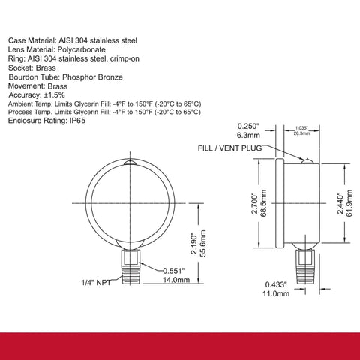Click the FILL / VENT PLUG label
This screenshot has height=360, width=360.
[229, 148]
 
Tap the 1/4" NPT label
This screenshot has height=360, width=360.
[96, 283]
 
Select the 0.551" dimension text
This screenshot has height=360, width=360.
[174, 271]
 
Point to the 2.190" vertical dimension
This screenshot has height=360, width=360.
[194, 244]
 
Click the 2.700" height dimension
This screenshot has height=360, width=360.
[254, 203]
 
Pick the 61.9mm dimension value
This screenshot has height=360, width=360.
[349, 203]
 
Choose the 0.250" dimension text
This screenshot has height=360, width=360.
[247, 126]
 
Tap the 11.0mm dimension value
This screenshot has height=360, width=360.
[276, 293]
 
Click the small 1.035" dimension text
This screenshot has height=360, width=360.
[301, 128]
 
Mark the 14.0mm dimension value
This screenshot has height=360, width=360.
[176, 280]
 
